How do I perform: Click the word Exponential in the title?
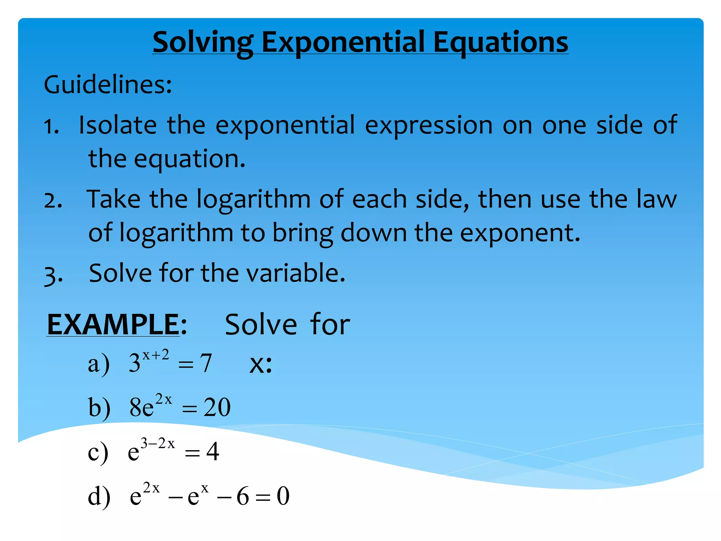click(x=343, y=42)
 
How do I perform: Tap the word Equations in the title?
click(x=500, y=42)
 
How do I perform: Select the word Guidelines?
click(x=107, y=85)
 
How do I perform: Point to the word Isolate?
click(x=118, y=125)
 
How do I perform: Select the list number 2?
click(x=53, y=201)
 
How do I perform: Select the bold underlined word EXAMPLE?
click(x=113, y=325)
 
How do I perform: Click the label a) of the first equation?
click(x=98, y=364)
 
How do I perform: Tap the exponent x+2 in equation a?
click(x=155, y=355)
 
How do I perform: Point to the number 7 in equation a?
click(x=206, y=363)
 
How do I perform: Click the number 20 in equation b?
click(x=217, y=408)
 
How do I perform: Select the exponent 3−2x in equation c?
click(x=157, y=443)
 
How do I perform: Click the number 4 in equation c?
click(x=212, y=452)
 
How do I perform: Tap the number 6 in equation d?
click(x=243, y=496)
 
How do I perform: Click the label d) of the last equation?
click(x=99, y=496)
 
